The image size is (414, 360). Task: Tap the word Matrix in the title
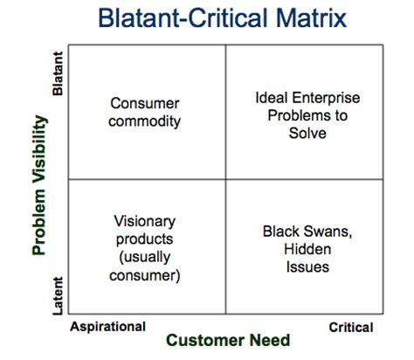(x=307, y=20)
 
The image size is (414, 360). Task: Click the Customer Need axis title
(x=228, y=340)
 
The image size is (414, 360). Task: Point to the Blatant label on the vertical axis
(x=58, y=76)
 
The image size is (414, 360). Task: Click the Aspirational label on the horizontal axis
(x=107, y=326)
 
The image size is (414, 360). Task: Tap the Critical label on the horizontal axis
(x=350, y=327)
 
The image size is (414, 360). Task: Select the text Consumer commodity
(x=146, y=111)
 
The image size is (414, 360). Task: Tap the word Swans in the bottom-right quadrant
(x=318, y=232)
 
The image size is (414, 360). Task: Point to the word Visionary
(x=147, y=221)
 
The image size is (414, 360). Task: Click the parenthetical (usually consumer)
(x=147, y=266)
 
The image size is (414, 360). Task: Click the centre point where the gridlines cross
(x=226, y=179)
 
